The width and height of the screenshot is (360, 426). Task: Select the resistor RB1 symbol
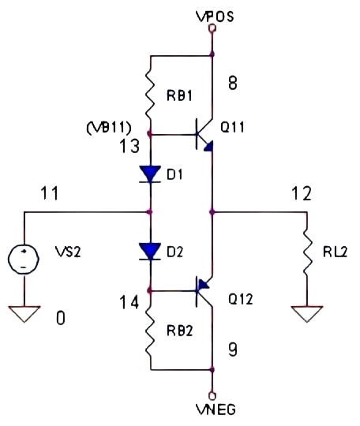[x=149, y=95]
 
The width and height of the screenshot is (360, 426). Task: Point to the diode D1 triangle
[x=149, y=174]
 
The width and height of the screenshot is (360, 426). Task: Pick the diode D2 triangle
[x=149, y=252]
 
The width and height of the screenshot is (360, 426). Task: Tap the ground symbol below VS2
[x=24, y=314]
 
